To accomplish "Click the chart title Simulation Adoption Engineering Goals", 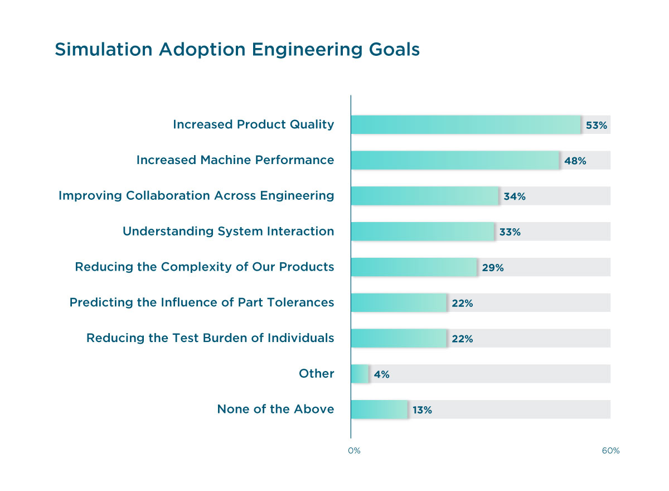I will pos(237,50).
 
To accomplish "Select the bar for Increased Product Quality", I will pos(466,124).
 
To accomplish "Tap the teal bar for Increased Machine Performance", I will pos(455,160).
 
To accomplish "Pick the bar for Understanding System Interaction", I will pos(423,232).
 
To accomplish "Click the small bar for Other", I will pos(360,374).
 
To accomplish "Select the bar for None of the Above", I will pos(379,410).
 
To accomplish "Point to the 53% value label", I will pos(596,126).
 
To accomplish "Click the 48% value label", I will pos(575,161).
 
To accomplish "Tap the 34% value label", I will pos(515,196).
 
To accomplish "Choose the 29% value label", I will pos(493,268).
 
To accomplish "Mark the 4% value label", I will pos(381,375).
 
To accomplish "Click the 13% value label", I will pos(422,411).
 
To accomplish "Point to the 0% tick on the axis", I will pos(353,451).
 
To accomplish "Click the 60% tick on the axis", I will pos(610,451).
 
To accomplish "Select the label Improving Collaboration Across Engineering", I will pos(196,196).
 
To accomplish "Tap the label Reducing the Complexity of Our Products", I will pos(205,267).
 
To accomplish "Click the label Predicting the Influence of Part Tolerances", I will pos(202,303).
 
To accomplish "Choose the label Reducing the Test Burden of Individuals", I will pos(210,338).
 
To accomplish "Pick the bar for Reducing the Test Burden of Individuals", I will pos(399,338).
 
